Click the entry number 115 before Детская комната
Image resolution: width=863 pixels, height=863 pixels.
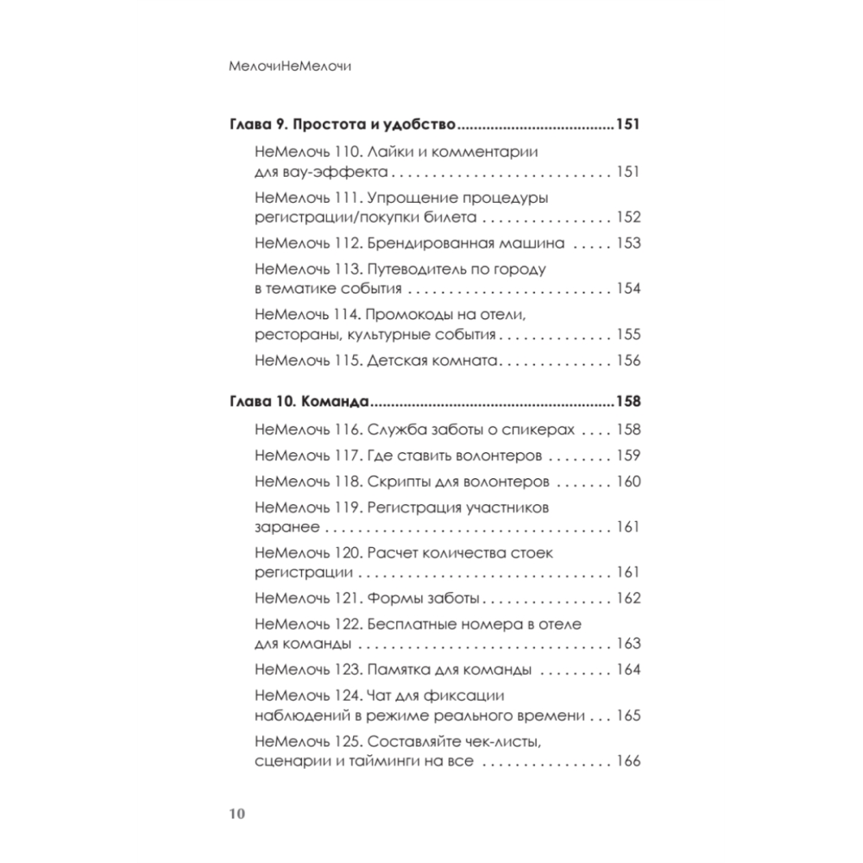coord(345,361)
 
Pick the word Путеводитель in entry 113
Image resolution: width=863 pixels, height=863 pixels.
coord(413,269)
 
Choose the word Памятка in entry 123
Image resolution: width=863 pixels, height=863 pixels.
coord(398,670)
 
